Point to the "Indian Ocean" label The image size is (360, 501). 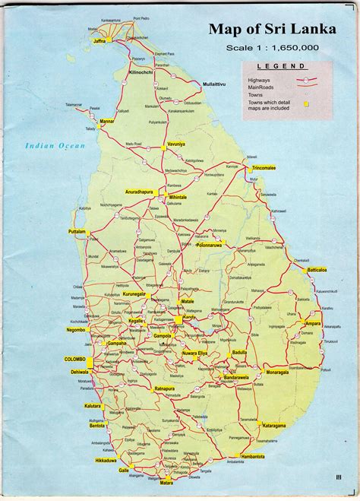pyautogui.click(x=55, y=145)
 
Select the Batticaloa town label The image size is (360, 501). pyautogui.click(x=317, y=270)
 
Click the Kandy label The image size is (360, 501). pyautogui.click(x=188, y=318)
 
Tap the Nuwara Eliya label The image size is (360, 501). pyautogui.click(x=194, y=354)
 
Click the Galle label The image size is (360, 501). pyautogui.click(x=124, y=471)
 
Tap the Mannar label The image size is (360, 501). pyautogui.click(x=107, y=121)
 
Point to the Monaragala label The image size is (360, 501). pyautogui.click(x=278, y=373)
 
